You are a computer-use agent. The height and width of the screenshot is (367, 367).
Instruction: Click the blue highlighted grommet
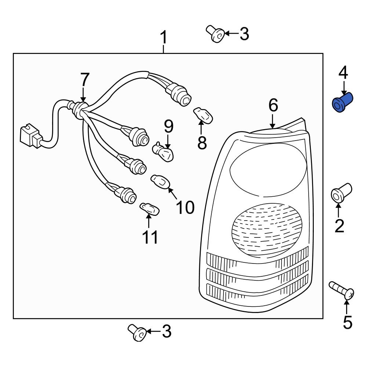342,102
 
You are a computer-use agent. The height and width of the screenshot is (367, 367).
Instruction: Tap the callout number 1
163,39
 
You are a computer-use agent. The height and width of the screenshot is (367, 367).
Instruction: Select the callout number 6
273,106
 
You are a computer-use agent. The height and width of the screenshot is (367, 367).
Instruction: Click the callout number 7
84,80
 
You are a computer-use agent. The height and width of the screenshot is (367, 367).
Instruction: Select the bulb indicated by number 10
161,181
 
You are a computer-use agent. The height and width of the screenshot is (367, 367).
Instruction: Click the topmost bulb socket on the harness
180,95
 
